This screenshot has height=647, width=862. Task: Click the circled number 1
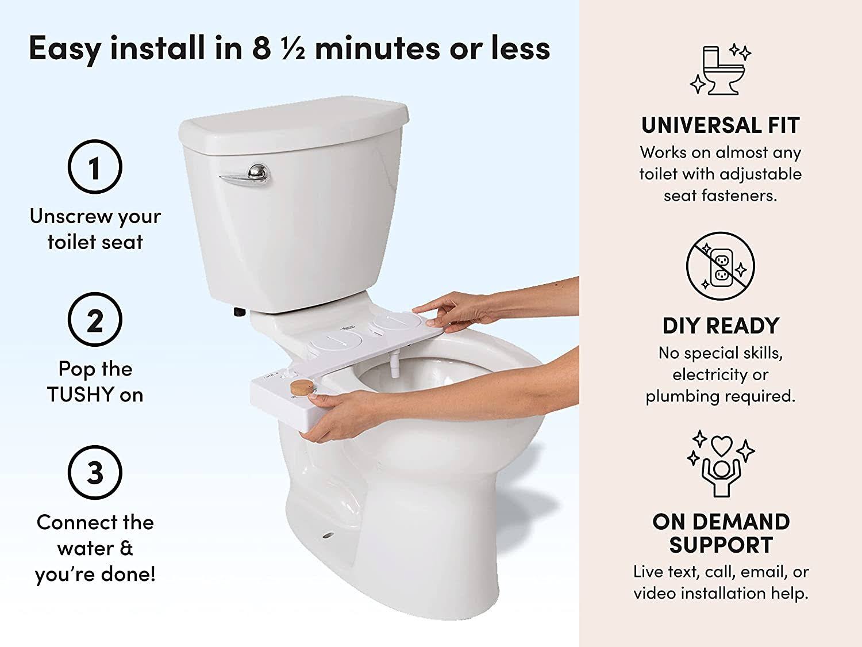tap(95, 167)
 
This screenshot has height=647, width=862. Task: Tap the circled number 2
tap(95, 319)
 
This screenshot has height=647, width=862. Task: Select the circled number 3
tap(95, 472)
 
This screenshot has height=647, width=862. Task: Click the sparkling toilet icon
tap(721, 70)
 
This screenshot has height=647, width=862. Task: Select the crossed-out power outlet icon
tap(720, 266)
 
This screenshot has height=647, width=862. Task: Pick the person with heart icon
tap(721, 464)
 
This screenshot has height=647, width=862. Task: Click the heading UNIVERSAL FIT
tap(721, 125)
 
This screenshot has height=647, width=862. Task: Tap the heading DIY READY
tap(721, 326)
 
